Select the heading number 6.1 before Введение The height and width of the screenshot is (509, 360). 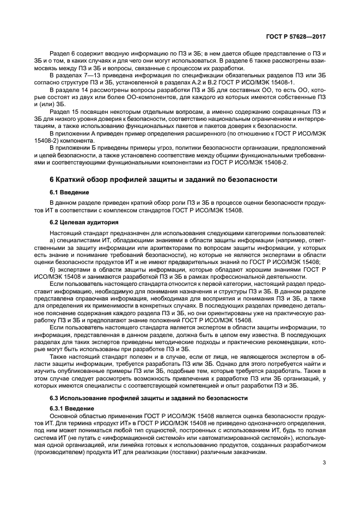55,192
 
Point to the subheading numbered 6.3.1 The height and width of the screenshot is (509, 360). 58,408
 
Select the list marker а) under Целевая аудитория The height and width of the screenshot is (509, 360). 53,241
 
